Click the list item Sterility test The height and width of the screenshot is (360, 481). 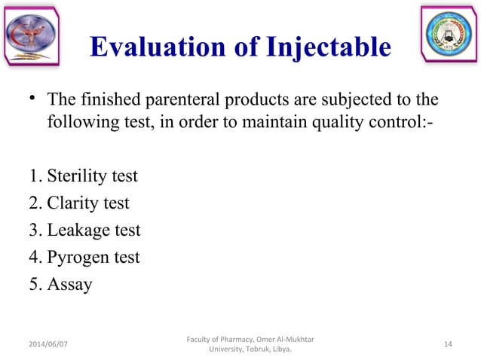pos(92,176)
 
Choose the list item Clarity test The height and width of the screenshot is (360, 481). pos(87,203)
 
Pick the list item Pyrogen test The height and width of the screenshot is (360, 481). pos(93,258)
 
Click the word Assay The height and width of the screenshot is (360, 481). pos(69,285)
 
